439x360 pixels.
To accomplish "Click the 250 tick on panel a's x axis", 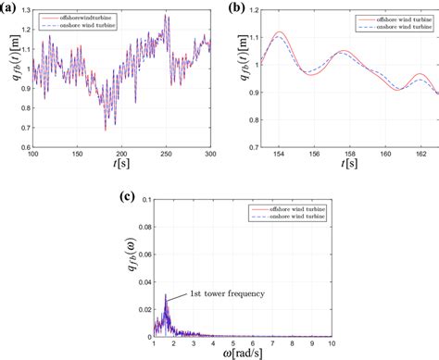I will (x=167, y=154).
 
